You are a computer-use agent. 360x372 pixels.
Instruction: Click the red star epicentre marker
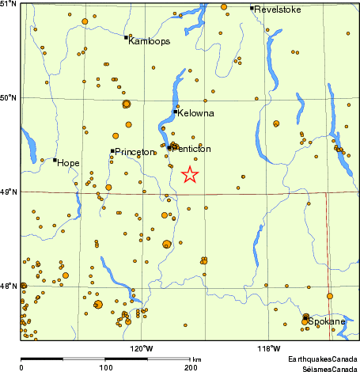pyautogui.click(x=190, y=175)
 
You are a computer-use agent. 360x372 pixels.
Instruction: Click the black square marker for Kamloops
pyautogui.click(x=126, y=37)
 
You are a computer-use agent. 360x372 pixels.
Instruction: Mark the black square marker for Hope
pyautogui.click(x=55, y=160)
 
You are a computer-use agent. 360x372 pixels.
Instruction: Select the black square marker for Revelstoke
pyautogui.click(x=252, y=8)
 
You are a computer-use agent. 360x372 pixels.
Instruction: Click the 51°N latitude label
pyautogui.click(x=9, y=5)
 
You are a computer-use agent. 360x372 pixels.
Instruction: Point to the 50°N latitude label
pyautogui.click(x=9, y=97)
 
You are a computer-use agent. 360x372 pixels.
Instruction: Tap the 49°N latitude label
pyautogui.click(x=9, y=192)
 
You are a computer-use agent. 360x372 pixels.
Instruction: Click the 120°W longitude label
pyautogui.click(x=142, y=347)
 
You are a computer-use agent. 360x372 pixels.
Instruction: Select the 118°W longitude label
pyautogui.click(x=268, y=347)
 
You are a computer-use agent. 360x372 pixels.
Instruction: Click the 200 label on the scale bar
pyautogui.click(x=191, y=368)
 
